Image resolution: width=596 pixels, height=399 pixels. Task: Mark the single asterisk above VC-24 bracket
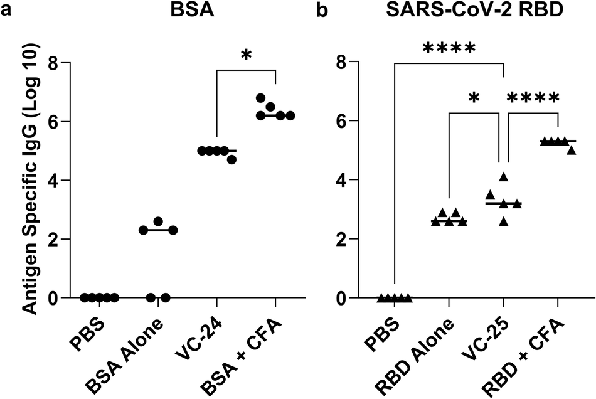tap(247, 56)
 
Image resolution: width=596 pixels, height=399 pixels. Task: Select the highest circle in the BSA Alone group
tap(158, 221)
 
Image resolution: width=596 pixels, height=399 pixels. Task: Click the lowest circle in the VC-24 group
tap(231, 159)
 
